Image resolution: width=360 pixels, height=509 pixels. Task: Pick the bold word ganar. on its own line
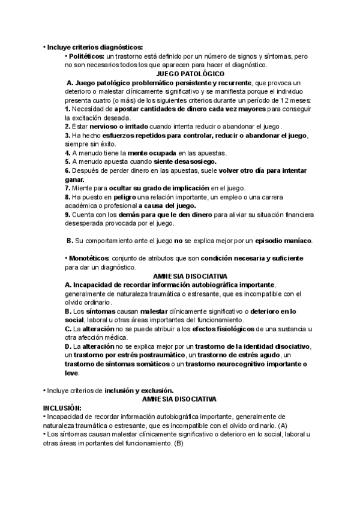pyautogui.click(x=74, y=179)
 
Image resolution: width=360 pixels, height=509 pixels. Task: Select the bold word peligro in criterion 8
pyautogui.click(x=122, y=197)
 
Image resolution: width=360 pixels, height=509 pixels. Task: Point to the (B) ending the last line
pyautogui.click(x=178, y=443)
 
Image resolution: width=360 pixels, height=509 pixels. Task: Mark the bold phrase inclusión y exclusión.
pyautogui.click(x=139, y=390)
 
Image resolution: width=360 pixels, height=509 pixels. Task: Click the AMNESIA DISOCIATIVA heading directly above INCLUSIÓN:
pyautogui.click(x=178, y=399)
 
